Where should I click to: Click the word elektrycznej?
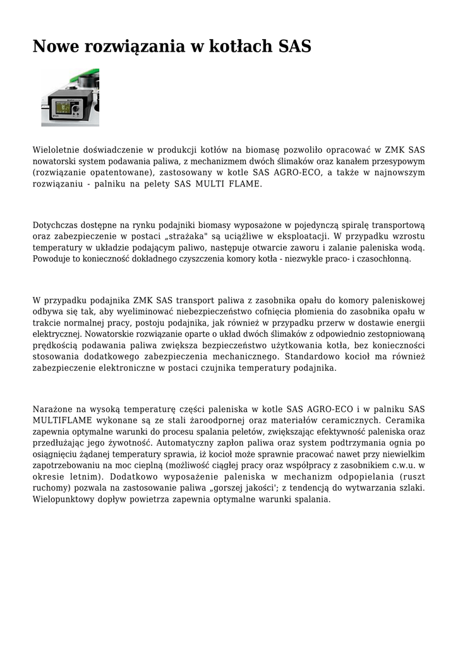tap(57, 334)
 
